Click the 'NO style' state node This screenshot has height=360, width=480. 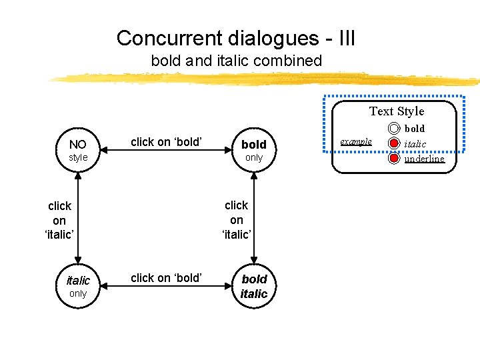(x=78, y=151)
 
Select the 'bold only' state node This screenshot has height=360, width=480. (x=253, y=151)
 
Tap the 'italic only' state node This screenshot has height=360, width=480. (x=78, y=286)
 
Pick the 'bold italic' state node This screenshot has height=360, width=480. (x=253, y=286)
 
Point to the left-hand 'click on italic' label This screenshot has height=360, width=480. (x=59, y=220)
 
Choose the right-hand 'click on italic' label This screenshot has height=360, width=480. (x=237, y=219)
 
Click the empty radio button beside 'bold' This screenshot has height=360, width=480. (x=394, y=129)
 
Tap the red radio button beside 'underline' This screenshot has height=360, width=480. (x=394, y=159)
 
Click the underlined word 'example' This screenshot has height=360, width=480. (x=356, y=141)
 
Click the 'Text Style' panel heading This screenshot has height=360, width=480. (x=397, y=111)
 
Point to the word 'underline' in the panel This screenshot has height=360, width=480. (x=424, y=159)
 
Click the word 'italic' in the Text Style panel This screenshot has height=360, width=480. (x=415, y=144)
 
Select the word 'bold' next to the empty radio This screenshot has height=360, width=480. (x=415, y=128)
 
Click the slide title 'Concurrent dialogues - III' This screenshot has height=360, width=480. (x=236, y=37)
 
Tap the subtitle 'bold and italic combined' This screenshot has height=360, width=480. (x=236, y=61)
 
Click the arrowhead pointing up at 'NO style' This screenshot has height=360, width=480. (x=78, y=176)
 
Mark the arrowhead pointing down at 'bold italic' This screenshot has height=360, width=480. (x=253, y=261)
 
